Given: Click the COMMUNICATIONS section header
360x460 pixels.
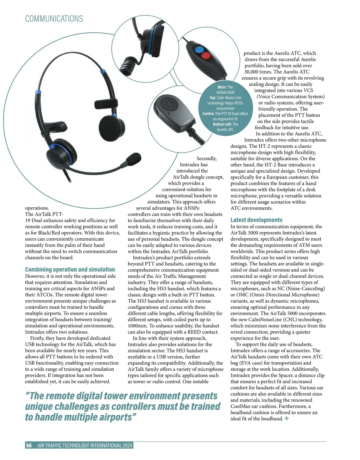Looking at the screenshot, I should click(x=54, y=19).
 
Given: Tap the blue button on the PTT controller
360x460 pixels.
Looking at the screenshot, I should click(x=199, y=49).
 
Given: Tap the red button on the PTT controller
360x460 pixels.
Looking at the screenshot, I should click(x=205, y=55).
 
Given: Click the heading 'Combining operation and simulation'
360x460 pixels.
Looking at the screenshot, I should click(x=70, y=269).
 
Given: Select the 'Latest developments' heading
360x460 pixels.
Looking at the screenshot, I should click(x=256, y=220).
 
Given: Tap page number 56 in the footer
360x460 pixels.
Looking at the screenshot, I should click(x=29, y=445).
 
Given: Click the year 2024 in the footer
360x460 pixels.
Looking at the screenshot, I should click(x=127, y=445).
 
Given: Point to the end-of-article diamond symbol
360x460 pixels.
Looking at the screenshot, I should click(x=286, y=419).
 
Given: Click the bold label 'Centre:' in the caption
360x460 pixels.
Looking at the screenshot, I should click(x=208, y=114).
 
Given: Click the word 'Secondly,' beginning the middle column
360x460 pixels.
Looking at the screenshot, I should click(x=206, y=158).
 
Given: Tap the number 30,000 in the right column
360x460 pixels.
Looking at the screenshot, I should click(x=251, y=72).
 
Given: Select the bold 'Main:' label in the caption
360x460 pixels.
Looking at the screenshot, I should click(x=222, y=87).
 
